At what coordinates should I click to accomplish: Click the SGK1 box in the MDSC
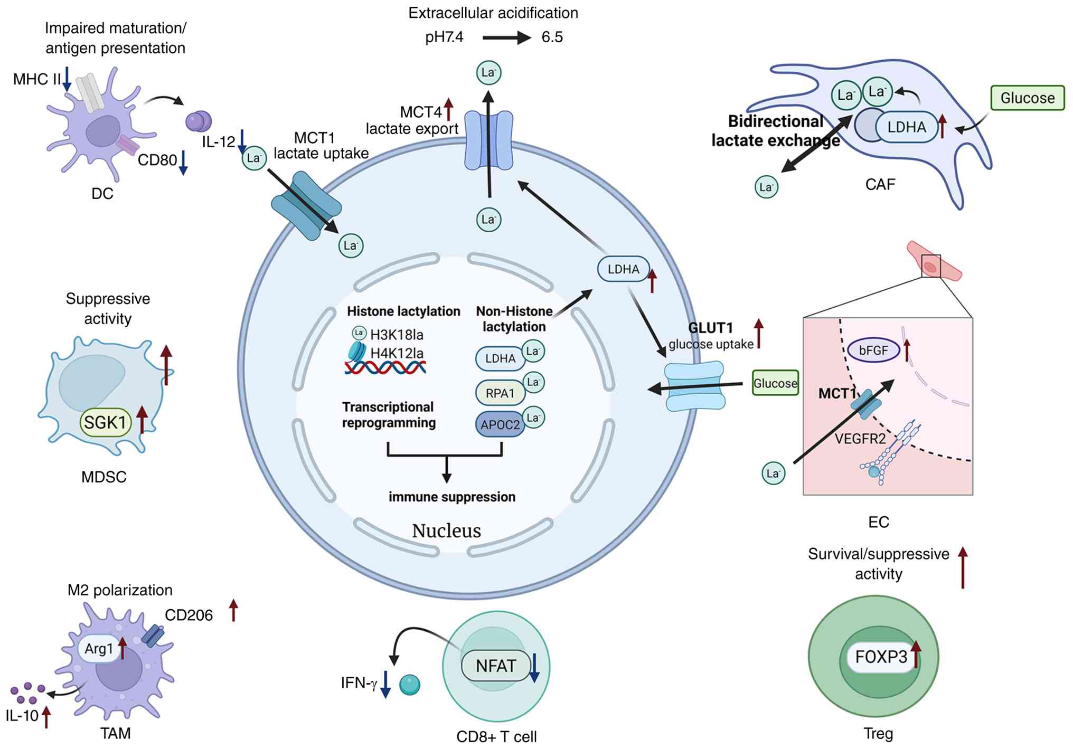(106, 422)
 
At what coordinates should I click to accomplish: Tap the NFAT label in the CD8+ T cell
(495, 666)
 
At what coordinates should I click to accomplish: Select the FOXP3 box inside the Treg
(881, 657)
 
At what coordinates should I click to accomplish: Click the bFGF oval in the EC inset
(873, 350)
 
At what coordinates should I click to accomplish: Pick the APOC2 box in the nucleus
(500, 424)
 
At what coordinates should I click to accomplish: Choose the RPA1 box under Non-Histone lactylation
(500, 393)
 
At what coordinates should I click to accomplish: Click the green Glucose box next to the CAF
(1027, 98)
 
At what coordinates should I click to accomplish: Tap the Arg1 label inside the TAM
(99, 648)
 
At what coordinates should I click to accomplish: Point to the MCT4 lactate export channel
(488, 140)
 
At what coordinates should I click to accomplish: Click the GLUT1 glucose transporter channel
(695, 386)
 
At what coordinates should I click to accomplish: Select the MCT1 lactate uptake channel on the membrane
(306, 206)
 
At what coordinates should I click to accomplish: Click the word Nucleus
(446, 530)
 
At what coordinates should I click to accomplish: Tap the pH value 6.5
(552, 37)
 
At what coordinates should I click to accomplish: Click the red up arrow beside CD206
(233, 610)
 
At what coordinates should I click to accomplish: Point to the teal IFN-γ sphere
(410, 685)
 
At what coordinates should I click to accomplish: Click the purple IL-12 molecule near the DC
(199, 121)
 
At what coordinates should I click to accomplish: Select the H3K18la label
(397, 335)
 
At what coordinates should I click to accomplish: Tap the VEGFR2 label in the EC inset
(860, 439)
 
